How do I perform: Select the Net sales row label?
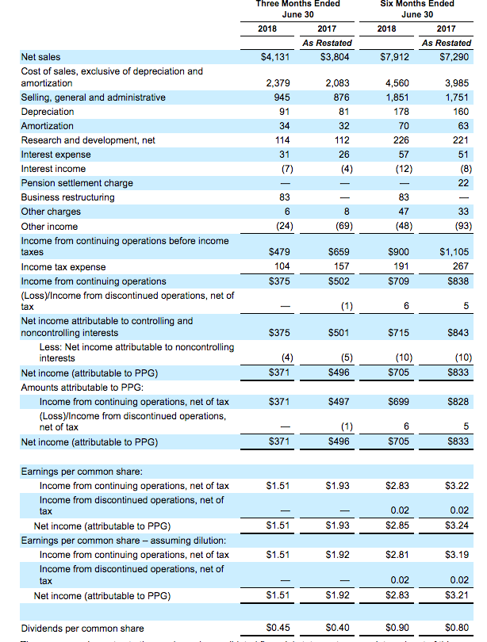pos(40,57)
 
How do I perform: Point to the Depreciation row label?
pos(48,112)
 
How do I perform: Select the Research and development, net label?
pos(88,140)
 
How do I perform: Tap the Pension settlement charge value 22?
pos(464,183)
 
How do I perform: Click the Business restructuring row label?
pos(67,197)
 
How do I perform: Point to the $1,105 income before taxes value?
pos(454,252)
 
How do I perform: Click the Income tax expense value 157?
pos(343,267)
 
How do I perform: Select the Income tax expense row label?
pos(63,267)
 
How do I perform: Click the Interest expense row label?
pos(56,155)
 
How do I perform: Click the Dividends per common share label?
pos(82,628)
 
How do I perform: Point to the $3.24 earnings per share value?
pos(458,525)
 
